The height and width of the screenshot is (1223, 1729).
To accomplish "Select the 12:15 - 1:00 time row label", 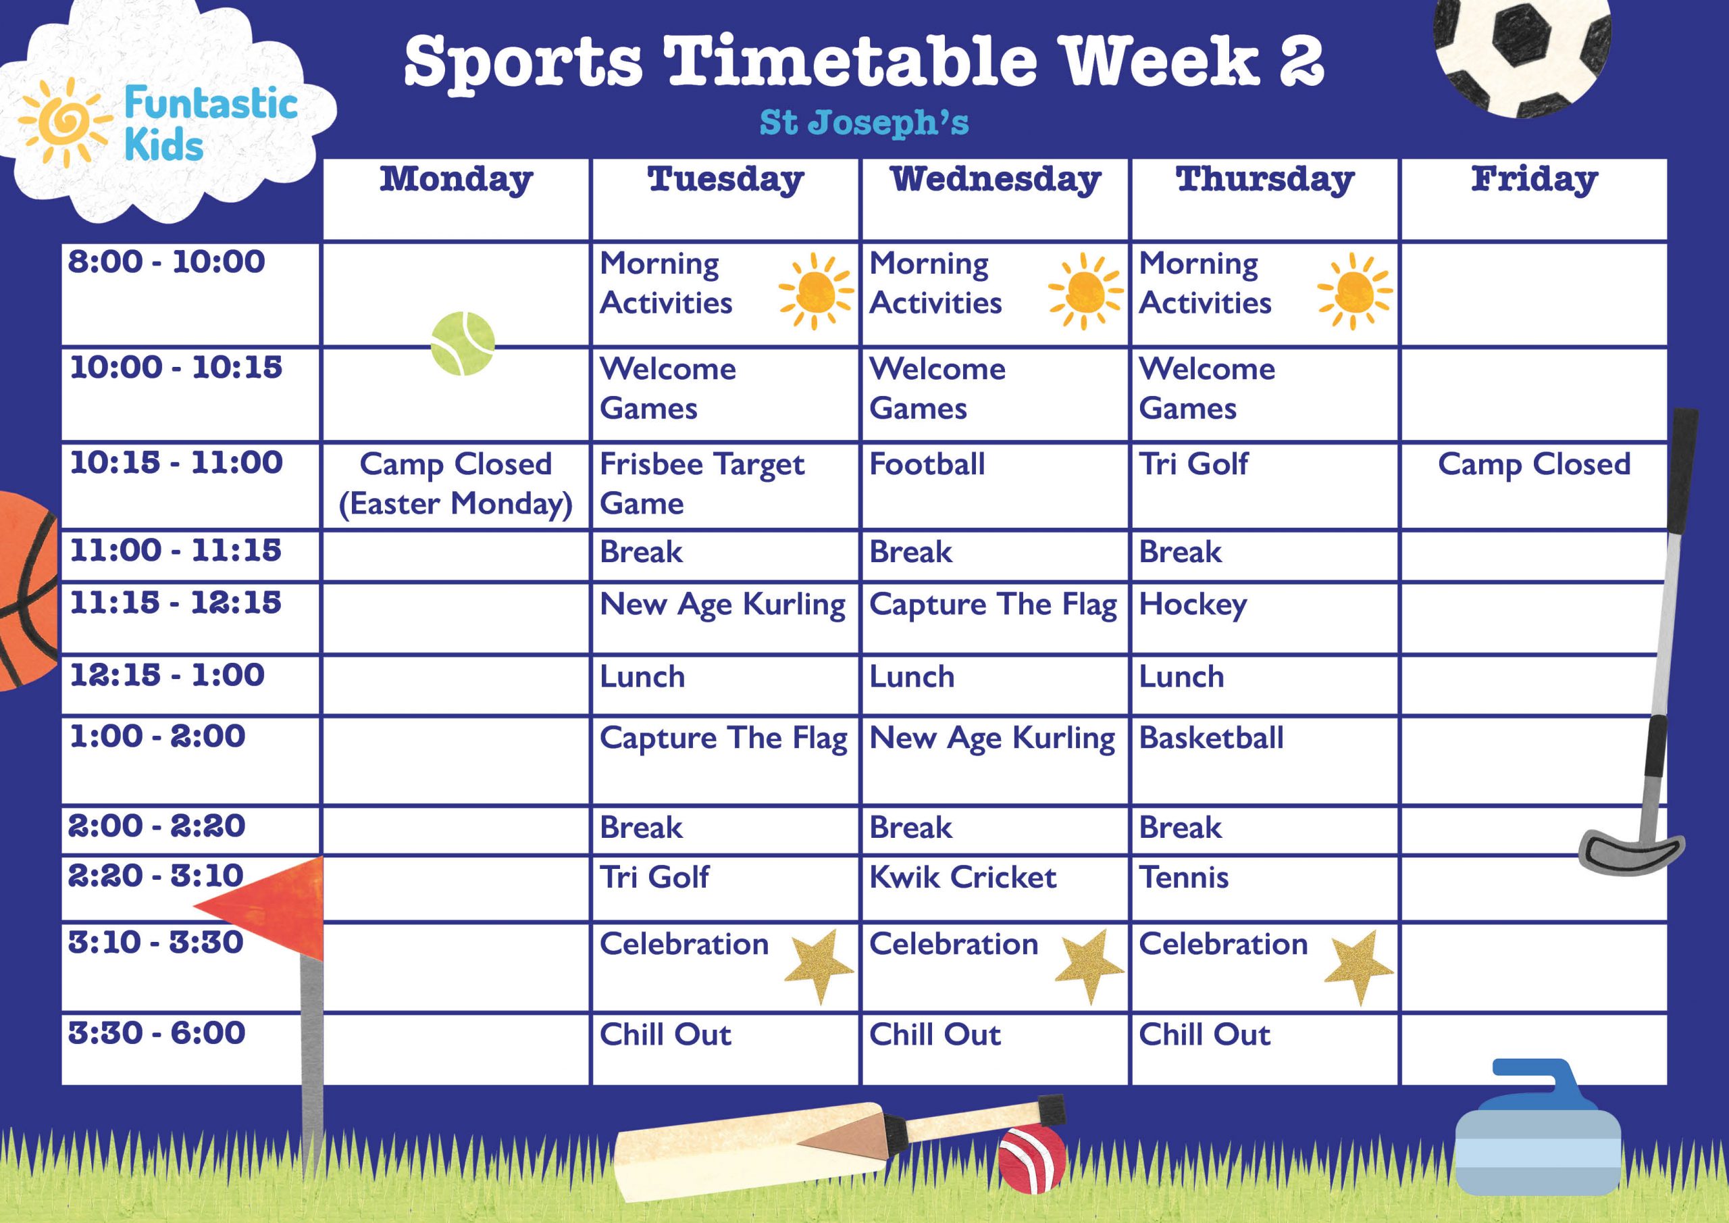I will [x=167, y=675].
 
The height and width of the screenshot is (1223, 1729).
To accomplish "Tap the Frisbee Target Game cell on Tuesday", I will [x=702, y=483].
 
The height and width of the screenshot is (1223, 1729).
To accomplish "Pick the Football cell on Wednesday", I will [x=927, y=464].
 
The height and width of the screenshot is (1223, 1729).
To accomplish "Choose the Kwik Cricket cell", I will [x=962, y=877].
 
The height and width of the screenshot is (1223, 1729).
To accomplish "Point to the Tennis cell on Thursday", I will [x=1184, y=877].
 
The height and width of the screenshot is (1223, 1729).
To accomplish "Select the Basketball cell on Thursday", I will [x=1211, y=738].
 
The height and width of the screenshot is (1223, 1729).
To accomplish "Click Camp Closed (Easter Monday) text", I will [x=456, y=483].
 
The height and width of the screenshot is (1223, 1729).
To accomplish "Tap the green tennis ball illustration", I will [x=463, y=344].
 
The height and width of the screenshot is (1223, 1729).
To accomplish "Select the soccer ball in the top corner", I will [x=1522, y=53].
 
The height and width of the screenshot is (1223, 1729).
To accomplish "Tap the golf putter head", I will [x=1630, y=851].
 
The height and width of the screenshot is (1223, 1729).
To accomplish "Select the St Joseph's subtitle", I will [x=864, y=123].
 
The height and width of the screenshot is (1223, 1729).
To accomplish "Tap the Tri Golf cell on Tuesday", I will [x=654, y=877].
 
